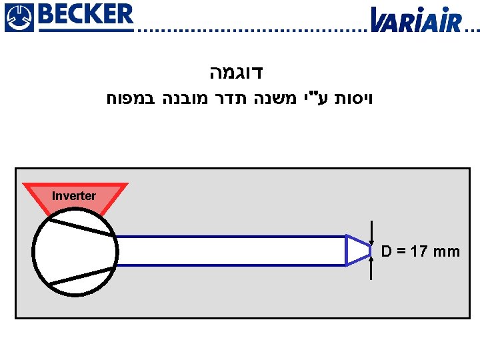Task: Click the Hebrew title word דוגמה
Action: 240,71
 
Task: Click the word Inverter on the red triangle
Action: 74,196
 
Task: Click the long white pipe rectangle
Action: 231,251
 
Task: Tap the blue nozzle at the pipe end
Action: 357,251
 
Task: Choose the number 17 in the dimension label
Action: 420,252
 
